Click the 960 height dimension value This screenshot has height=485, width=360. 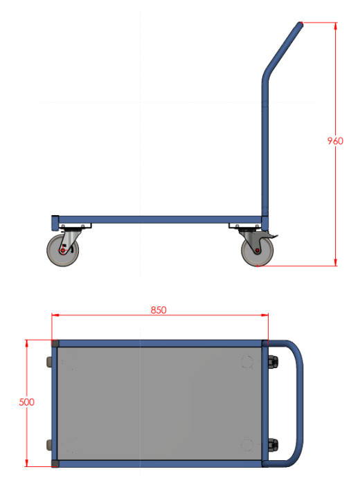tap(335, 141)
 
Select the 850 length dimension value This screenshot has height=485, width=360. tap(159, 310)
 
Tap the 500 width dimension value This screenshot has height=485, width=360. tap(26, 402)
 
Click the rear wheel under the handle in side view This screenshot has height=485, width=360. tap(258, 250)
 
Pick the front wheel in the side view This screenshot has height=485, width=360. tap(63, 250)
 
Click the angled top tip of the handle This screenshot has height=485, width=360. tap(300, 24)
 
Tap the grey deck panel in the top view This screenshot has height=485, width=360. tap(159, 403)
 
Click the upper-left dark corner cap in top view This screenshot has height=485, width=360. tap(55, 343)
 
